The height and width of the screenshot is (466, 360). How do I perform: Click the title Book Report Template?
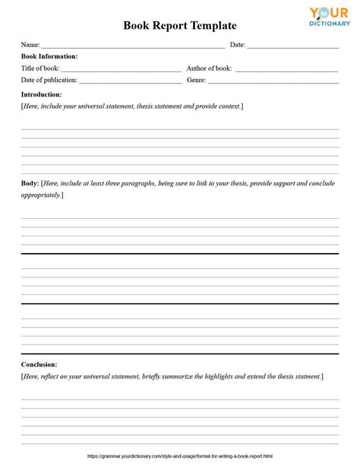(x=180, y=25)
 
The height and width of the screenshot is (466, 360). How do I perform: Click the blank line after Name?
(x=133, y=46)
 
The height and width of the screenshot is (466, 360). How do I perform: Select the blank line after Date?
(x=292, y=46)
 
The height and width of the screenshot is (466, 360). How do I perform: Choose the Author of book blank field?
(x=286, y=70)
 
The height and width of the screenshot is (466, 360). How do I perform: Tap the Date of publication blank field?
(x=130, y=81)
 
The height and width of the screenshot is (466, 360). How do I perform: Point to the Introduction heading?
(x=41, y=94)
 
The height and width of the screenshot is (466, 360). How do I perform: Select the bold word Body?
(x=30, y=183)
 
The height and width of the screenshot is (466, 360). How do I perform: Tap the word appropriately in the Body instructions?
(x=40, y=195)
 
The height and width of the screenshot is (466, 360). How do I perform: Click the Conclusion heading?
(x=39, y=364)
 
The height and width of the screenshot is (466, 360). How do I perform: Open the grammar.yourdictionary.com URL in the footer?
(x=180, y=456)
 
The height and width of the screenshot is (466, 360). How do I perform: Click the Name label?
(x=30, y=45)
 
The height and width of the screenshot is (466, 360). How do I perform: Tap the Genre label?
(x=197, y=79)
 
